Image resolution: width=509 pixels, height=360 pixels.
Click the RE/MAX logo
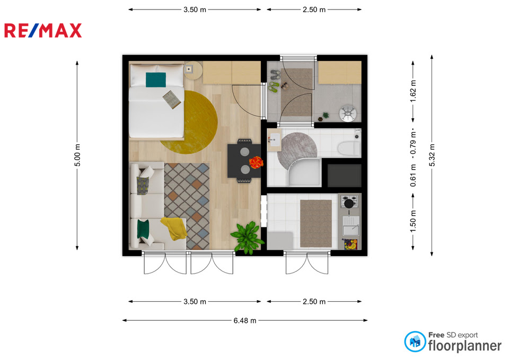coord(43,31)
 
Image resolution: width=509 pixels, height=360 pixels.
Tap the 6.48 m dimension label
coord(245,321)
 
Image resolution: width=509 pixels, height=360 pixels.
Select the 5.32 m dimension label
coord(432,155)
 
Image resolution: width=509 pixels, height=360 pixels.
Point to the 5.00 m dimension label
coord(77,155)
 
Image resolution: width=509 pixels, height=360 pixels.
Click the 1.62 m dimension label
coord(413,91)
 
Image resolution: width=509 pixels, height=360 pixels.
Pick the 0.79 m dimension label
coord(413,143)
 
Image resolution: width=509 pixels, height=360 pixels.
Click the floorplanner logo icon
coord(415,341)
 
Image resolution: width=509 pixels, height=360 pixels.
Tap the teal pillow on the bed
coord(156,80)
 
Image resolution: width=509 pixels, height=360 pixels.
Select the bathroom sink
coord(275,140)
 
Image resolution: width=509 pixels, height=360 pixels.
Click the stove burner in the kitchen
coord(349,203)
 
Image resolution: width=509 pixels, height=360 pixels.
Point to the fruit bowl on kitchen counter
coord(349,244)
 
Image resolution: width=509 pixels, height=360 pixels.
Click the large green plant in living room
coord(248,238)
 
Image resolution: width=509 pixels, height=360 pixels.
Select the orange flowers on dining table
coord(256,162)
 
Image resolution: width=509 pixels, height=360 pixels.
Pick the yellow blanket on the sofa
coord(174,228)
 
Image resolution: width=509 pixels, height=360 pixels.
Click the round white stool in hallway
coord(348,113)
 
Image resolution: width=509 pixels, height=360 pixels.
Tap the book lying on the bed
coord(172,99)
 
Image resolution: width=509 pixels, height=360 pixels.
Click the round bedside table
coord(193,71)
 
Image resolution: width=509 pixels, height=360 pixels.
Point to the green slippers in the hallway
coord(274,86)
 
